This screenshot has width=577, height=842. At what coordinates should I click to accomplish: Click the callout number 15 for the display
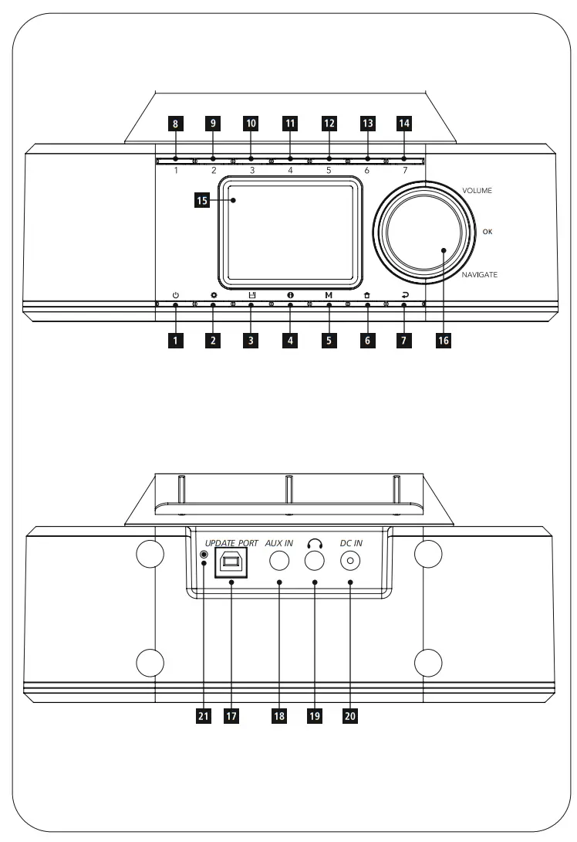click(x=202, y=201)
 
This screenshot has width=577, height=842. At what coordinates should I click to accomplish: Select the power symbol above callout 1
click(x=176, y=295)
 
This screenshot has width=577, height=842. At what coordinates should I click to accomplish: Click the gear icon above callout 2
click(x=214, y=295)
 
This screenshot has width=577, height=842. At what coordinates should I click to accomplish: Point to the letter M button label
click(x=329, y=295)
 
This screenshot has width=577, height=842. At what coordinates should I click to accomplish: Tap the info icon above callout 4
click(x=290, y=295)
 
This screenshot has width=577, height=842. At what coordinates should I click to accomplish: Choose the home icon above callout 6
click(x=367, y=295)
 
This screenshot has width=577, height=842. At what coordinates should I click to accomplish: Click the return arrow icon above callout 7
click(x=404, y=295)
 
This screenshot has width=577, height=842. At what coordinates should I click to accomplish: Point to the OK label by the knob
click(x=487, y=231)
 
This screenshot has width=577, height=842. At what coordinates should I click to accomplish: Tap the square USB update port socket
click(x=230, y=564)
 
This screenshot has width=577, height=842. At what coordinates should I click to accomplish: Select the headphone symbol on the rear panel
click(x=313, y=542)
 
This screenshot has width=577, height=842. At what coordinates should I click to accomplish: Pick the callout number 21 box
click(x=203, y=715)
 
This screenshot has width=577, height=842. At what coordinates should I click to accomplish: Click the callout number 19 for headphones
click(x=314, y=715)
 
